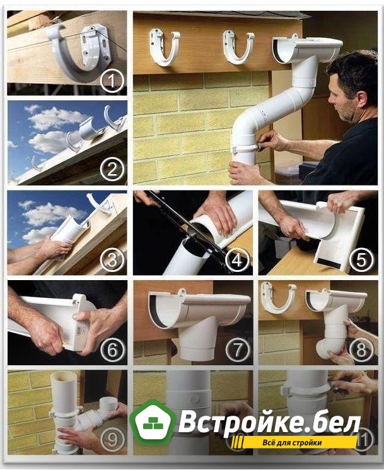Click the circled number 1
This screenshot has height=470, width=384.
[112, 81]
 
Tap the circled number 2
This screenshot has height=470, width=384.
[112, 170]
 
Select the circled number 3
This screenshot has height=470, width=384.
[112, 260]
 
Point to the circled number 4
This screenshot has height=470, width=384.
[237, 260]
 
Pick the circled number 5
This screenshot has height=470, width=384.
[362, 260]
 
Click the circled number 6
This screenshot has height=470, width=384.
[112, 350]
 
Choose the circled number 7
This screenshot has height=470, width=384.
[237, 350]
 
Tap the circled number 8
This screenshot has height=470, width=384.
[362, 350]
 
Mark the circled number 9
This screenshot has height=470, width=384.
[112, 440]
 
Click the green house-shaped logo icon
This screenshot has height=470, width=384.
[153, 422]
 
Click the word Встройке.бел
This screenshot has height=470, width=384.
[270, 422]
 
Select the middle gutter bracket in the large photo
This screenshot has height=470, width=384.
[238, 48]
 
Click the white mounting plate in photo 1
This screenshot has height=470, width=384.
[94, 45]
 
